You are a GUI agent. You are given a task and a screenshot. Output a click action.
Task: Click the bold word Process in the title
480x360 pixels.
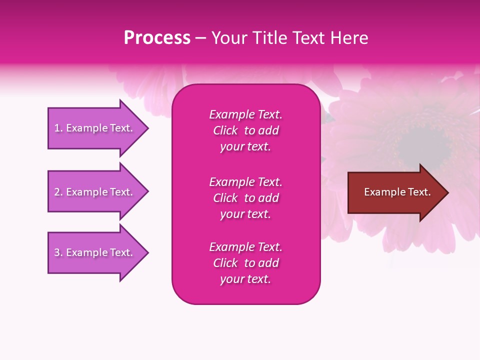(x=157, y=38)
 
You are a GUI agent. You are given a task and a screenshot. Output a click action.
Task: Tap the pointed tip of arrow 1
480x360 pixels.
(x=146, y=128)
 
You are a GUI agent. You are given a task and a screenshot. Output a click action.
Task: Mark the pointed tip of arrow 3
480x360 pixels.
(x=146, y=252)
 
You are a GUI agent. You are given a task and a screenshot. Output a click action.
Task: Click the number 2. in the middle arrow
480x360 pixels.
(x=58, y=192)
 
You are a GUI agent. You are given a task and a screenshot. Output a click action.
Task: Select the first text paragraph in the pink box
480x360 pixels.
(x=245, y=130)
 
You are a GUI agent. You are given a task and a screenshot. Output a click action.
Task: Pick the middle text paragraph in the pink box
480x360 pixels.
(x=245, y=198)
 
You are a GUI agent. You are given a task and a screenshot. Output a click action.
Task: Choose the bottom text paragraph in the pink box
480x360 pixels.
(x=245, y=263)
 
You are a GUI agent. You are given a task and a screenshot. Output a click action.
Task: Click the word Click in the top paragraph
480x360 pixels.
(x=225, y=130)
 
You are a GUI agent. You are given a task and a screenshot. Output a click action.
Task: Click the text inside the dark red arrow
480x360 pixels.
(x=397, y=192)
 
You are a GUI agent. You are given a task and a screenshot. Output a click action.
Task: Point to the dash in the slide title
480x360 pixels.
(x=200, y=38)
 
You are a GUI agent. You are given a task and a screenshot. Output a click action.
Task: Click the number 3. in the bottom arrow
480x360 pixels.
(x=58, y=252)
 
